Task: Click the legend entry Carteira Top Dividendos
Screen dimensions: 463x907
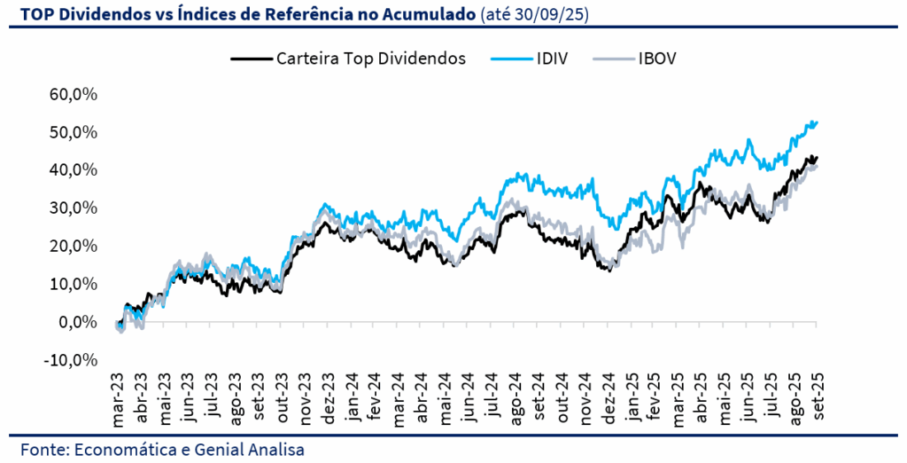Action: click(370, 59)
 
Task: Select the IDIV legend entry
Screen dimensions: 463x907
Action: click(551, 59)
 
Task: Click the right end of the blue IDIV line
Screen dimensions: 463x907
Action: click(816, 122)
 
